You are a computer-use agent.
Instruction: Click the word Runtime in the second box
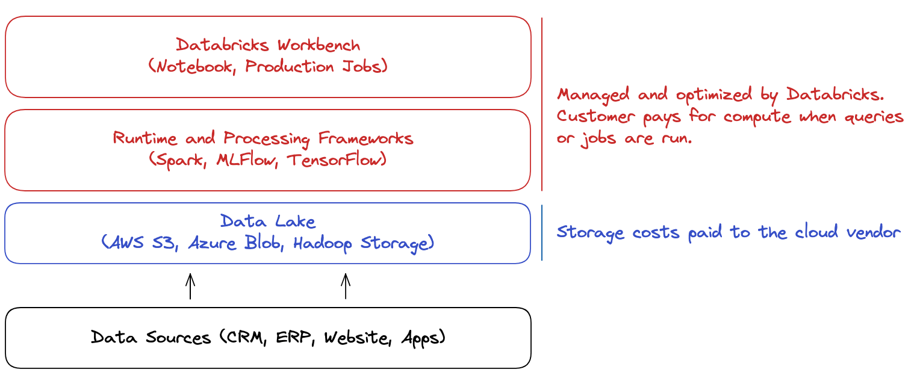146,138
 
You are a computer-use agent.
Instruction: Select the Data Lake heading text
268,222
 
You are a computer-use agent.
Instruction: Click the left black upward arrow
190,287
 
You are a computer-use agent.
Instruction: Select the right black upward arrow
346,287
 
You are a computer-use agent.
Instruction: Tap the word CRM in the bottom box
244,338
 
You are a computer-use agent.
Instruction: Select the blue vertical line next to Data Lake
542,233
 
